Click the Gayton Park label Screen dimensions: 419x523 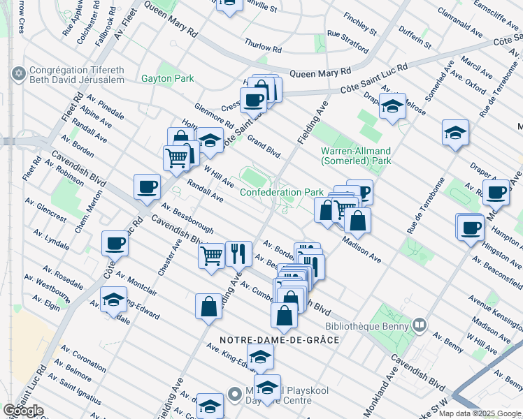coord(167,79)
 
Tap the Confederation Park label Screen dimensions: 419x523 coord(282,192)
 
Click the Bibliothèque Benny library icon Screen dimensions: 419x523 coord(420,325)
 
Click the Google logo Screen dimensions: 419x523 coord(24,410)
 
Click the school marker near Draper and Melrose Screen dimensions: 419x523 coord(393,106)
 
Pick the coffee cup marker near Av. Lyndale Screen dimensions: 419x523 coord(115,244)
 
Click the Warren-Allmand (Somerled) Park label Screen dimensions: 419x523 coord(355,156)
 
